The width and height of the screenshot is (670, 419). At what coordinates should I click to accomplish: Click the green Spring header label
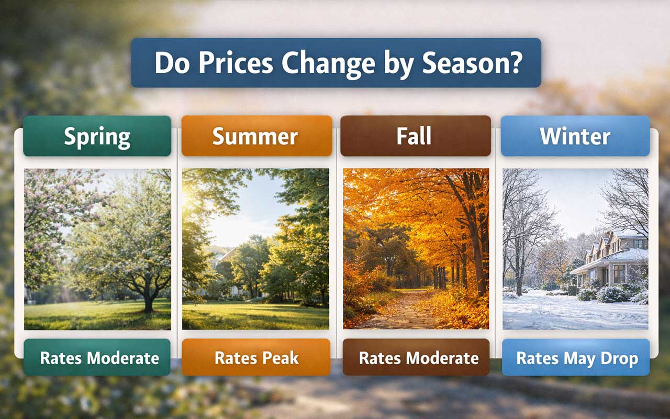97,136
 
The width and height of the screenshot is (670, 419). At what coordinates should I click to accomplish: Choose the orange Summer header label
256,136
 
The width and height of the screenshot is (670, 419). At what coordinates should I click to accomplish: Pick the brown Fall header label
414,136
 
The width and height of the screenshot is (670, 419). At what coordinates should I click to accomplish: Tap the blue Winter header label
575,136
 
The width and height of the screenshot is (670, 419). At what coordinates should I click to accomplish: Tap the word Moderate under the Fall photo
441,358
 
